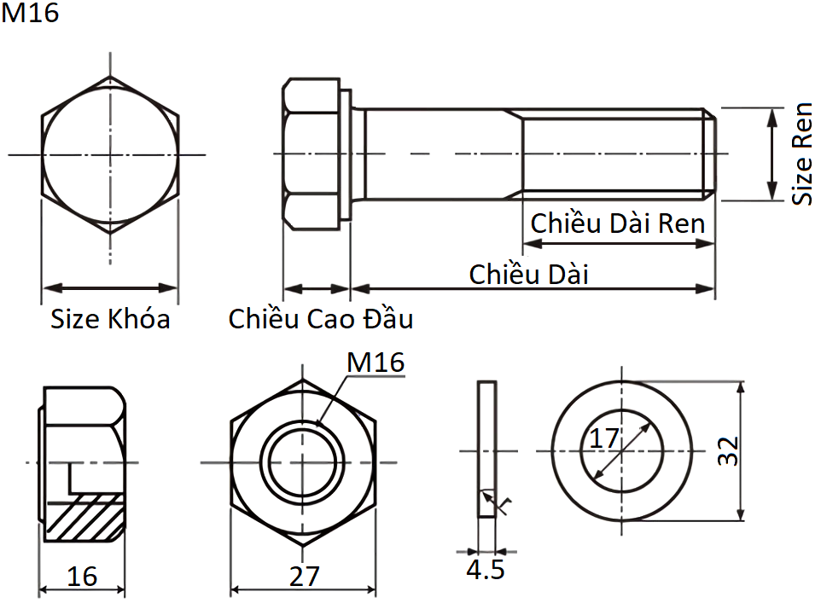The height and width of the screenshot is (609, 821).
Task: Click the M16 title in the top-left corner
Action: [31, 14]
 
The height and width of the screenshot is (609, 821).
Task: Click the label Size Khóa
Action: [110, 320]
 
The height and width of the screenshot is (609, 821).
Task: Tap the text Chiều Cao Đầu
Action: [321, 319]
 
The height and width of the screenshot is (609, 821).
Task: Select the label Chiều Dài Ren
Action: [618, 223]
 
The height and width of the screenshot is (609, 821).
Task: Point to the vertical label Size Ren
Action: [802, 154]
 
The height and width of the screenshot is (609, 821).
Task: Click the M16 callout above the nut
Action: [375, 362]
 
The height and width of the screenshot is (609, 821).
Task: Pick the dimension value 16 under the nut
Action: [82, 577]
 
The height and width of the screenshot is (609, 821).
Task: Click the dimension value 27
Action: [304, 577]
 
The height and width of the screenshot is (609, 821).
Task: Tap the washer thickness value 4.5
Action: [485, 570]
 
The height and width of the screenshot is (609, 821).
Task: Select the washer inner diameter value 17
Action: [604, 439]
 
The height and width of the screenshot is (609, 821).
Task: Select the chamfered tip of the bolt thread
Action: [710, 154]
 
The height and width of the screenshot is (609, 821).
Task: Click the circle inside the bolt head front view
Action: [110, 154]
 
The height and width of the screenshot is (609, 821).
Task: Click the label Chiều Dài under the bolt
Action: [529, 275]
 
